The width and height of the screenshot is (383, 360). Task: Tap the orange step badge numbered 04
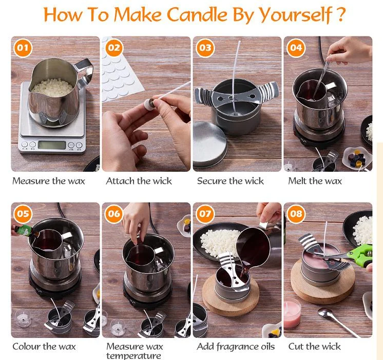coord(296,49)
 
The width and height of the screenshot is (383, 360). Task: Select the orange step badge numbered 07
coord(205,214)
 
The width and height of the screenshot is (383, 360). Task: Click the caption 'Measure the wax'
coord(48,181)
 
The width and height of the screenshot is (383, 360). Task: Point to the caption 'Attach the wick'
coord(139,181)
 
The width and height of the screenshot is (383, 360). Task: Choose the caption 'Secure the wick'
coord(230,181)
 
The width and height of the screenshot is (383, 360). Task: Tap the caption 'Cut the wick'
coord(314,347)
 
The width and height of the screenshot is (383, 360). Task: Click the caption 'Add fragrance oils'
coord(236,347)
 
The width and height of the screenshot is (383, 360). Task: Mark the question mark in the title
coord(339,15)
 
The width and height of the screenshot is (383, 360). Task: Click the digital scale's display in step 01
coord(52,145)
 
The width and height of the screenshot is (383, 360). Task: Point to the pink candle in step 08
coord(292,313)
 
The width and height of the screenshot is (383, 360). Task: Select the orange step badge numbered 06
coord(114,214)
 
